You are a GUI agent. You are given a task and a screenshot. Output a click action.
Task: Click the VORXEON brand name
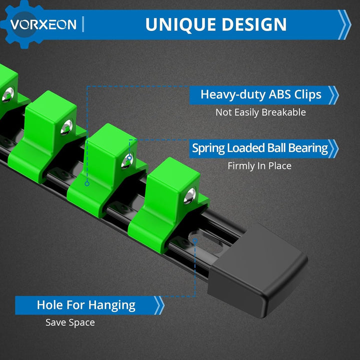43,24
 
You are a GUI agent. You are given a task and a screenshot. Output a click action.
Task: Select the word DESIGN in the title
254,24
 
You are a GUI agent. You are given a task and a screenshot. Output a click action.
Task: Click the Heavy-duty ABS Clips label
261,94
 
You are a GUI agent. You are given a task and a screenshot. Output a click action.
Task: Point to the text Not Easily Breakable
260,112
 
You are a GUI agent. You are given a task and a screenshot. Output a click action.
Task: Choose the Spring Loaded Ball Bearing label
260,148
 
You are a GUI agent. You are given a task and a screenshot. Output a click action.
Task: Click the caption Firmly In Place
259,166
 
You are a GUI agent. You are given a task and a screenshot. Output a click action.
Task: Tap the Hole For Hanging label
86,305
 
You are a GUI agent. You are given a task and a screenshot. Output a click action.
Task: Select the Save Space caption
70,322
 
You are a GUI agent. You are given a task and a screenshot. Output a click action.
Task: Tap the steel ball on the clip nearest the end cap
190,196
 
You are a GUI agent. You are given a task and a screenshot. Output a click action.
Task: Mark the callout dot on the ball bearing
129,158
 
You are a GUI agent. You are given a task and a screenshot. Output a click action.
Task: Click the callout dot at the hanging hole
195,240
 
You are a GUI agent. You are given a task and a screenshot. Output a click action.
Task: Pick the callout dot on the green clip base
87,183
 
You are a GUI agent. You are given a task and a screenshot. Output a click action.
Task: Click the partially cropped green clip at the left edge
8,92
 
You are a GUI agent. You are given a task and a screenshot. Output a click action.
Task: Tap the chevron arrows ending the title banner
344,24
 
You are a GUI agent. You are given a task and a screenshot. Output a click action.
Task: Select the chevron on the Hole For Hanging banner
159,305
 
